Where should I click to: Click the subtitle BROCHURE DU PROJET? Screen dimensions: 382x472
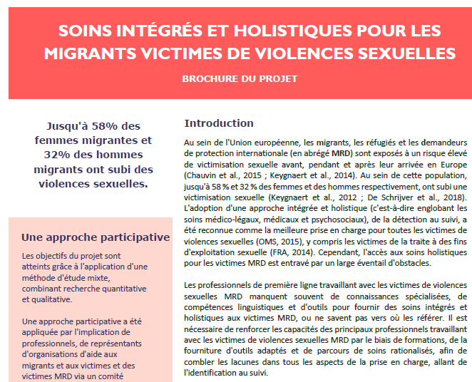point(239,78)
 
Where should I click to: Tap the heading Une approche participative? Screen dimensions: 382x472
point(96,237)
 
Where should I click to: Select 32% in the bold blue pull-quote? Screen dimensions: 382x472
point(59,155)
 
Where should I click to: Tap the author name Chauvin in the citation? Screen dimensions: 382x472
point(200,174)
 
